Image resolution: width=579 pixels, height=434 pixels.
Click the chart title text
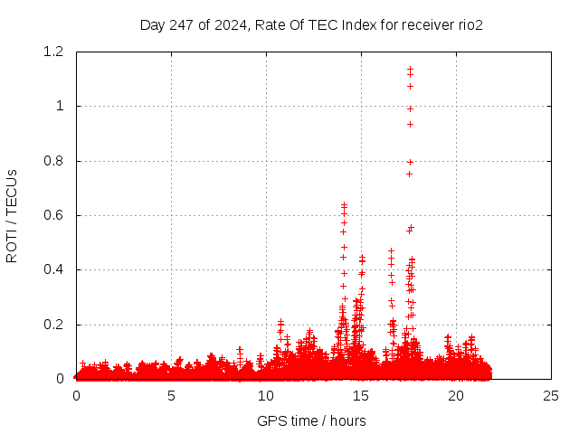(311, 24)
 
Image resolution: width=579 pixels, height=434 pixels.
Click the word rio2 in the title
(467, 24)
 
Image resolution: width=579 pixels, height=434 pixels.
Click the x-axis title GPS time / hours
(311, 420)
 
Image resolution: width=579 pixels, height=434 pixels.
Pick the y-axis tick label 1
(60, 106)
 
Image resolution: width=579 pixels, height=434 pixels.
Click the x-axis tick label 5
(171, 395)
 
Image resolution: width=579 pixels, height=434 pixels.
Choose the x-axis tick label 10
(266, 395)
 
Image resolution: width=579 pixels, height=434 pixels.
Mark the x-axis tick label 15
(361, 395)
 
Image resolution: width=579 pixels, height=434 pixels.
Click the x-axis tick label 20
(456, 395)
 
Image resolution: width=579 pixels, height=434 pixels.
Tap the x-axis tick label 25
(551, 395)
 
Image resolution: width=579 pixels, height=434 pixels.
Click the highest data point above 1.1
(410, 68)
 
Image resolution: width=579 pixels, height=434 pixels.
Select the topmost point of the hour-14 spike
(344, 204)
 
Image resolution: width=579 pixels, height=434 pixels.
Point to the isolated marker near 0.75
(409, 174)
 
